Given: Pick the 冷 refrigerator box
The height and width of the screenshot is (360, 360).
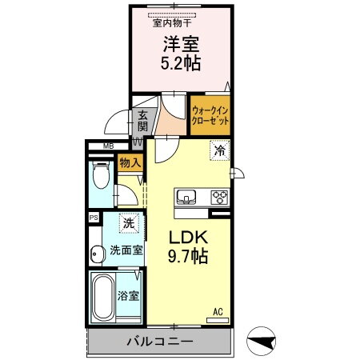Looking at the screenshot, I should (220, 149).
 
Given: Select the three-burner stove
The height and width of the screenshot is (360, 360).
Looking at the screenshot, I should (219, 197).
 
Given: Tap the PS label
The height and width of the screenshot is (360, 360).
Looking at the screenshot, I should (94, 217).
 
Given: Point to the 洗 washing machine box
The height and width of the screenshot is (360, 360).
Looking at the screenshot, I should (127, 222).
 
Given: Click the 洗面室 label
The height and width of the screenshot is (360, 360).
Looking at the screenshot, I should (126, 250).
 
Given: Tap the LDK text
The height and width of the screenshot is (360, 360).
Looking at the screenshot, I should (188, 238).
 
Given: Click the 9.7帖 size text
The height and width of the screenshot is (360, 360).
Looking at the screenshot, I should (188, 257).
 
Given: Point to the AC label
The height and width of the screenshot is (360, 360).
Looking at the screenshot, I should (217, 311).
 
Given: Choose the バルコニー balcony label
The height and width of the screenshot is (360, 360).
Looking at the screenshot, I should (158, 342).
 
